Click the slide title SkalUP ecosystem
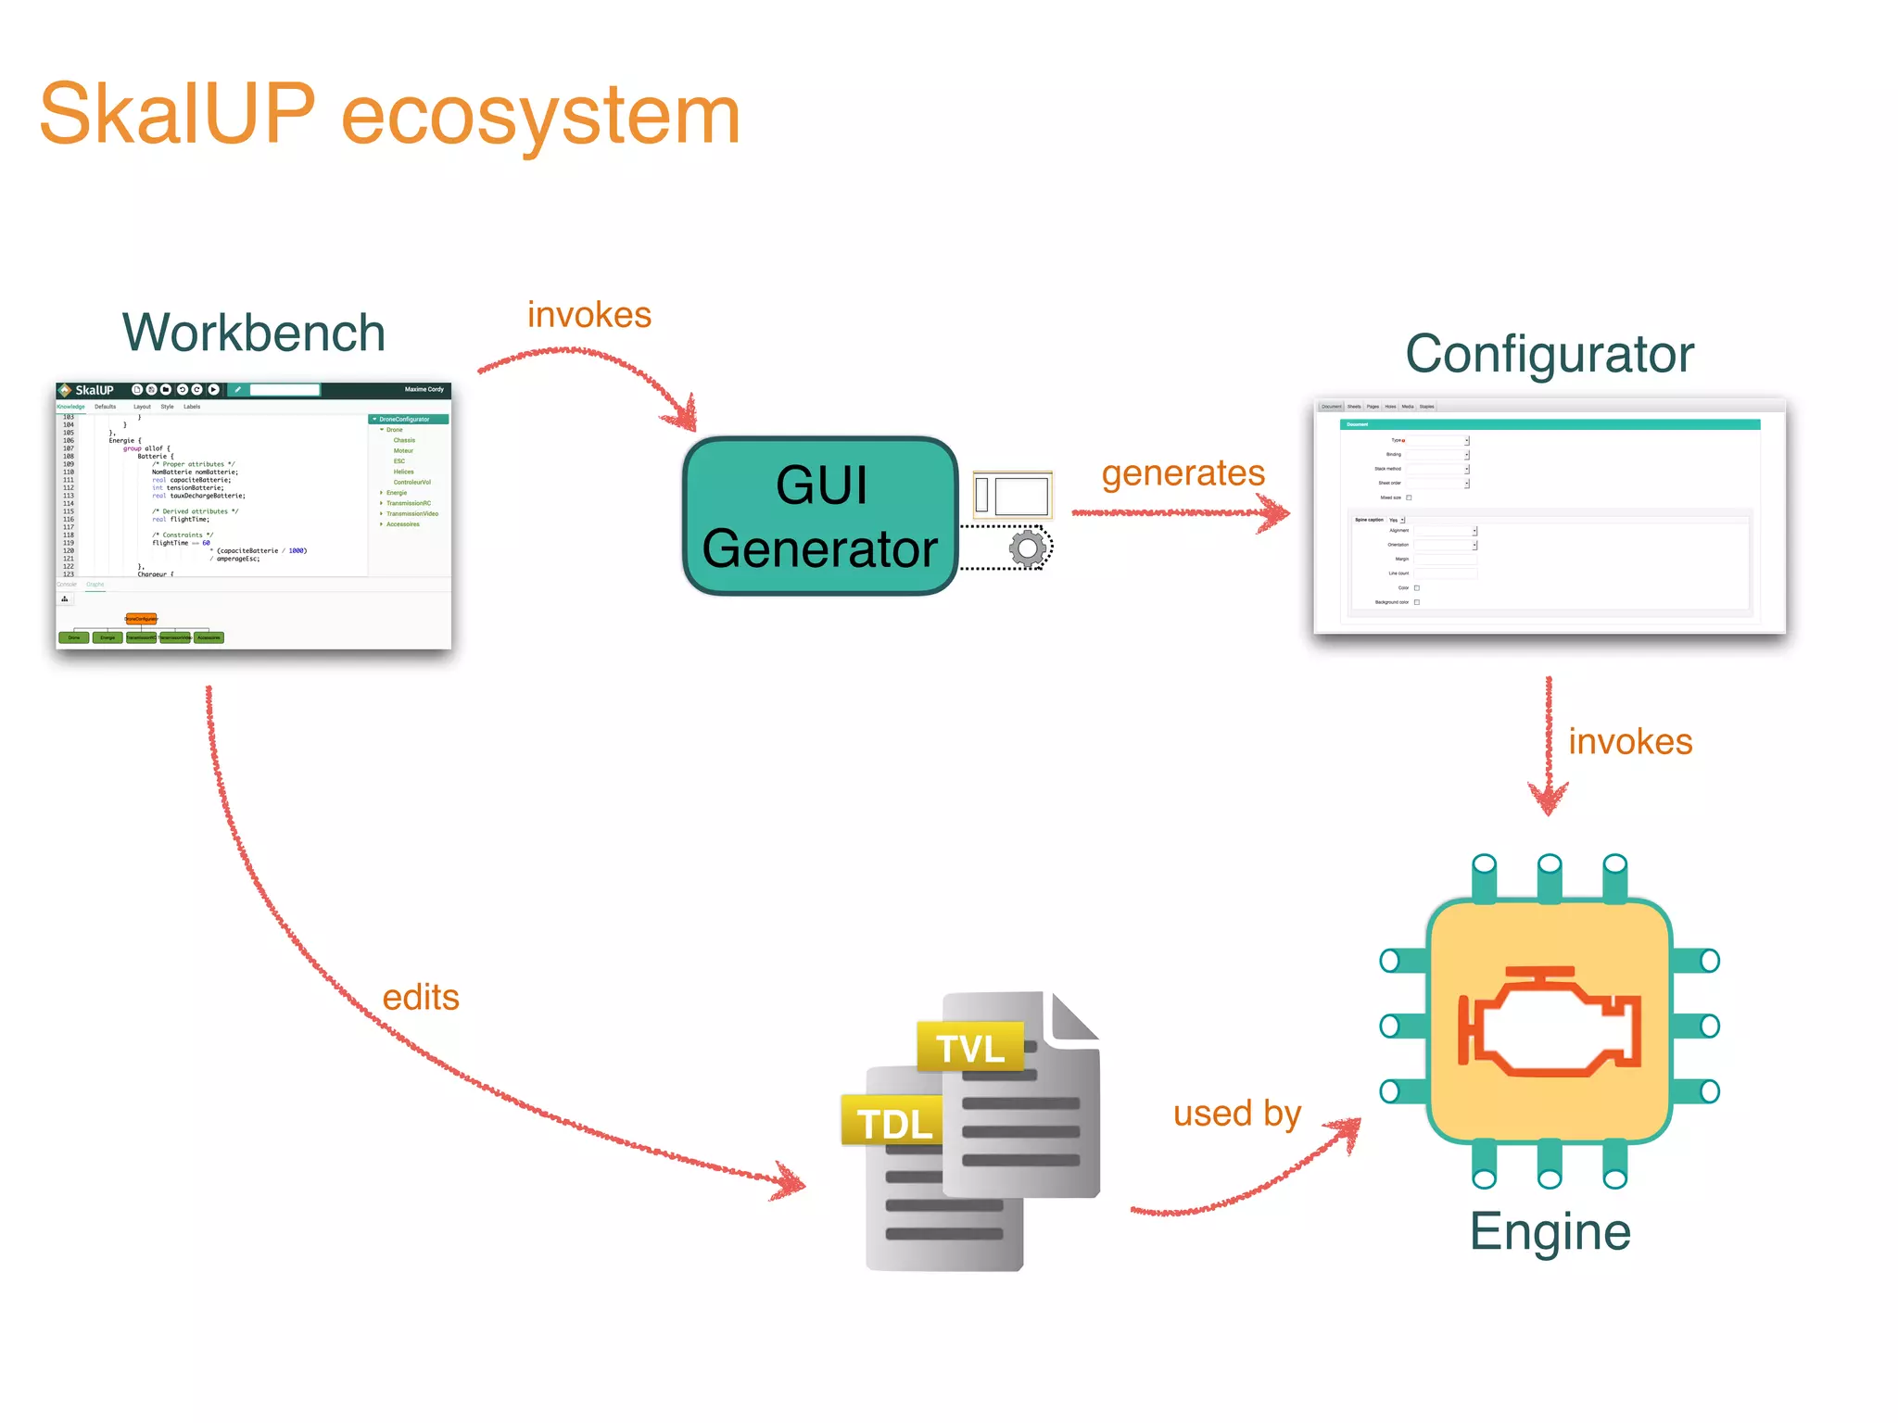(389, 115)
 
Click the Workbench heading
(253, 333)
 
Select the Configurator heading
(1550, 354)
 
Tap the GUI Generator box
(820, 515)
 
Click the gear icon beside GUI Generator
(1027, 548)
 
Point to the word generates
(1183, 473)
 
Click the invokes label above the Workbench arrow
(589, 315)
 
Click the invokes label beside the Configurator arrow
(1629, 742)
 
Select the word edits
(421, 998)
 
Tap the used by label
(1236, 1114)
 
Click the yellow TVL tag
(969, 1048)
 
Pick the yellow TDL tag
(893, 1123)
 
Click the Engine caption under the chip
(1550, 1232)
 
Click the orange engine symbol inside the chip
(1550, 1023)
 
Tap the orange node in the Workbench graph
(141, 618)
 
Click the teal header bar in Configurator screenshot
(1550, 424)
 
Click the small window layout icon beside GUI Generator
(1011, 495)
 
